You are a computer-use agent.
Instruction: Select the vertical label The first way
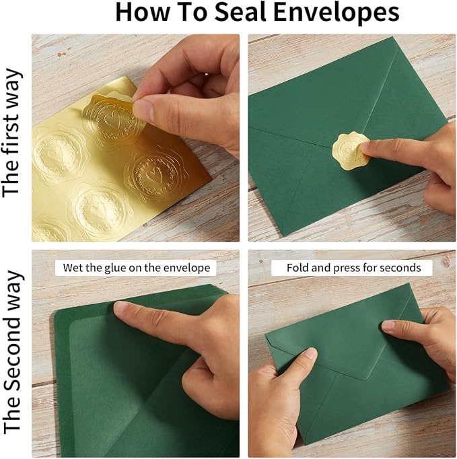(x=11, y=133)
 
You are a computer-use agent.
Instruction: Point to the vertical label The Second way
(x=11, y=352)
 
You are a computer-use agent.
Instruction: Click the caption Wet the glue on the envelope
(x=137, y=268)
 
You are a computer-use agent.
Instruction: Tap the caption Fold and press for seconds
(x=353, y=268)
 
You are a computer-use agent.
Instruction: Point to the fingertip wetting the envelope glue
(x=122, y=308)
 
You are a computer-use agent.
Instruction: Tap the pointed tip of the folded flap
(x=364, y=380)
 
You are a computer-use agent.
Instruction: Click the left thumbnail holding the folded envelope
(x=310, y=354)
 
